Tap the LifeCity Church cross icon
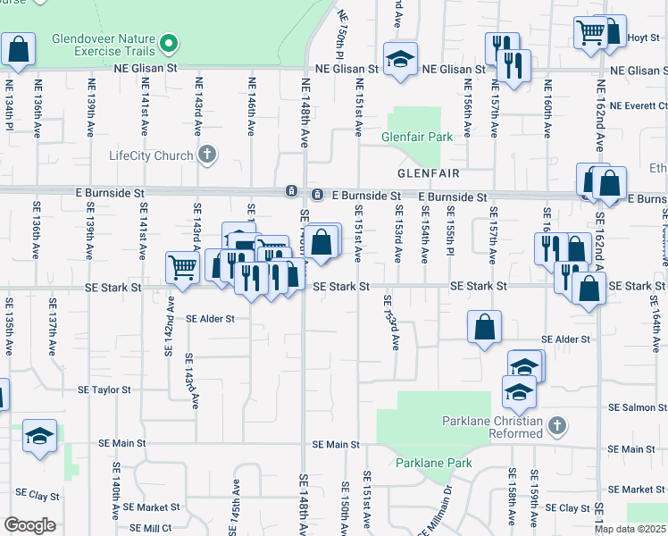tap(207, 155)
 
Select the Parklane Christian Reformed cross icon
tap(555, 426)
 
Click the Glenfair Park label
tap(416, 138)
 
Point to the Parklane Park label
tap(433, 463)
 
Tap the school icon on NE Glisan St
tap(401, 59)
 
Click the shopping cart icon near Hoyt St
tap(591, 33)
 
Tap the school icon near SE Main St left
tap(39, 436)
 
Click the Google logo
tap(29, 525)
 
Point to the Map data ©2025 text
tap(630, 529)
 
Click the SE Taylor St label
tap(104, 390)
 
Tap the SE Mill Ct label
tap(148, 529)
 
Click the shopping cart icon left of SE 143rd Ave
tap(183, 267)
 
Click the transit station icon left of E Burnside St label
tap(317, 195)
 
